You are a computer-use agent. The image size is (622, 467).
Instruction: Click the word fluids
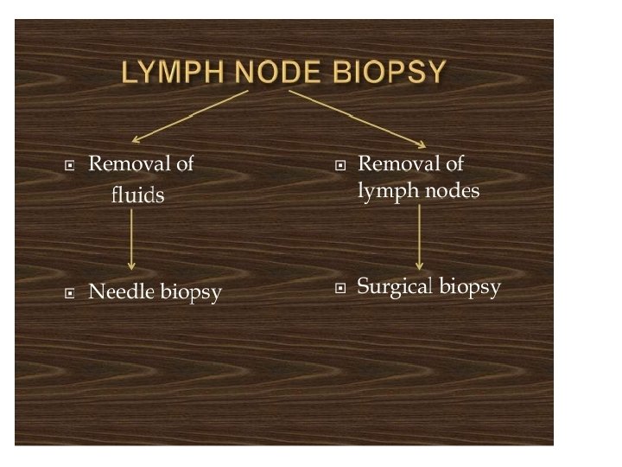(137, 195)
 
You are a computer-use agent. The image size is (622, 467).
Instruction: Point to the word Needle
(121, 293)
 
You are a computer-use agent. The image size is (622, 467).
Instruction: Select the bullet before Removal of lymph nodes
(340, 164)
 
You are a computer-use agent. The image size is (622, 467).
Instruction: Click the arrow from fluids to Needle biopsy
(131, 240)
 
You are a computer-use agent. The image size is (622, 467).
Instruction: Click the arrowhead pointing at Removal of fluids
(136, 138)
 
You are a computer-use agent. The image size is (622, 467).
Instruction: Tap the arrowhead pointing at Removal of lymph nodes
(422, 144)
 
